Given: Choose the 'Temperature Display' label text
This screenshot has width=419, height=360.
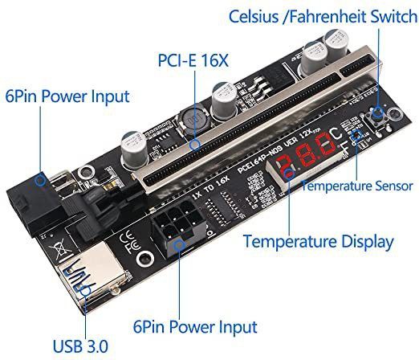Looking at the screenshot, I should tap(318, 241).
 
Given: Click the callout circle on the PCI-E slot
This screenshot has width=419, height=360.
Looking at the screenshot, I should tap(196, 145).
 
